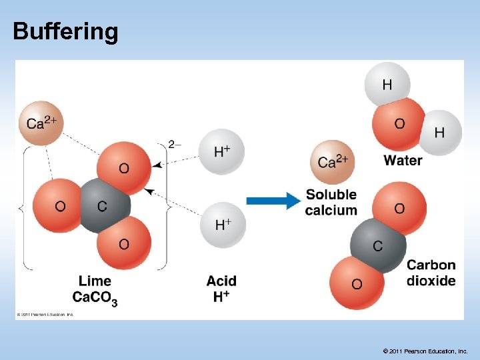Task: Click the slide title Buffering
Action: (65, 31)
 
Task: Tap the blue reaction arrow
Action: (274, 200)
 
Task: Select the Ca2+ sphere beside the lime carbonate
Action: (41, 123)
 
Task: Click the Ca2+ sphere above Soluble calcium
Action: (332, 162)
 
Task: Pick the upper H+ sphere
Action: (222, 152)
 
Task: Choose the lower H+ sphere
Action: (223, 225)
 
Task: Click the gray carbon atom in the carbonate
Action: (101, 206)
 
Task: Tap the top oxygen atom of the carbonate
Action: (123, 167)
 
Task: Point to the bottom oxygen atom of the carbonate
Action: (123, 245)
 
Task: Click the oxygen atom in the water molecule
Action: (399, 125)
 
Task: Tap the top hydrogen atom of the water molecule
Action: (387, 84)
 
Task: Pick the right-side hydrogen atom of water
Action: (439, 133)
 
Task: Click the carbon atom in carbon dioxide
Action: (377, 246)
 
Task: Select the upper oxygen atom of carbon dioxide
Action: (399, 208)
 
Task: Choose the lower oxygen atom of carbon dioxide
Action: (357, 284)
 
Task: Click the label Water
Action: (403, 160)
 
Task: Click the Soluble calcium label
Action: (331, 202)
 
